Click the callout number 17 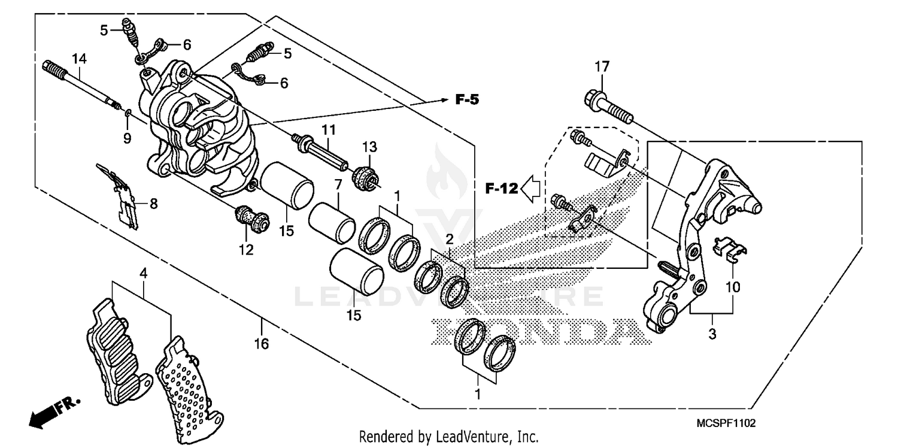(602, 66)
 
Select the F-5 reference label (468, 100)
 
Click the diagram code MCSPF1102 (726, 423)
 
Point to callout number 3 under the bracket (712, 334)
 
